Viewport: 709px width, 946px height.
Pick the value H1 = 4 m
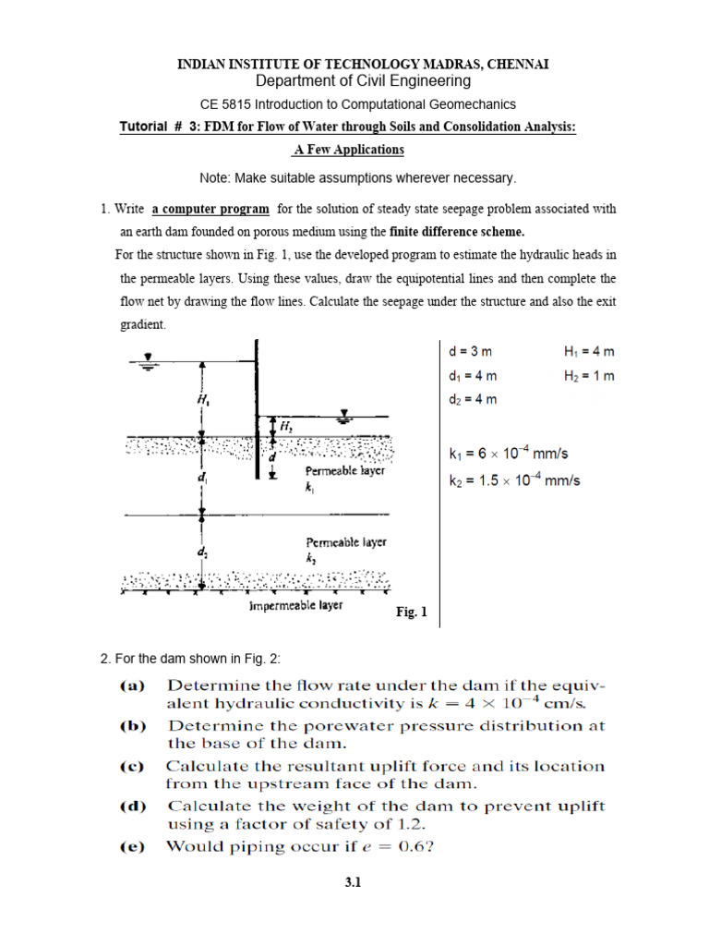(588, 352)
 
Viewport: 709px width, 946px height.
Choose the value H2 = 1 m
(588, 376)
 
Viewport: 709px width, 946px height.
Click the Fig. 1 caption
(412, 611)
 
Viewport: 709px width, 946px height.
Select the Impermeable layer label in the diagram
(295, 605)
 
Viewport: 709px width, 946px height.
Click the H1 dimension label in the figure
(201, 400)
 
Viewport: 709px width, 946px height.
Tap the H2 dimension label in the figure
(286, 426)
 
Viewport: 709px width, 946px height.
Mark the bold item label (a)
(138, 687)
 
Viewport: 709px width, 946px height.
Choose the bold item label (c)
(138, 767)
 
